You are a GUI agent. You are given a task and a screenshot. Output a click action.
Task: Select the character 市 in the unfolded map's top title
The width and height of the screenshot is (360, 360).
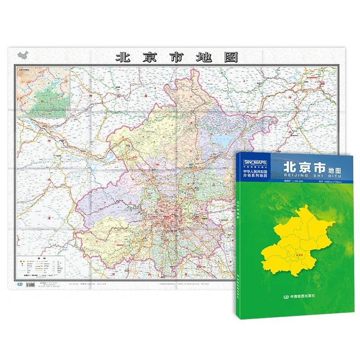point(176,57)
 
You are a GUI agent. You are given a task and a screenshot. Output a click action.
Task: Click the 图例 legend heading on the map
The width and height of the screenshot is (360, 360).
point(41,258)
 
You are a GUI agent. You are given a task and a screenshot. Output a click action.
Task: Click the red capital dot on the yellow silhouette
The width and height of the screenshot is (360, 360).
point(296,255)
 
